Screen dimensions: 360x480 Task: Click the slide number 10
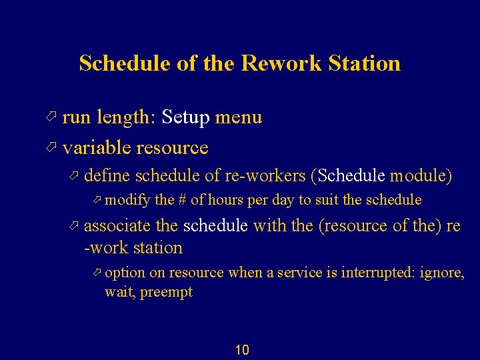[242, 350]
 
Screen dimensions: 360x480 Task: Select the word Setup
[185, 118]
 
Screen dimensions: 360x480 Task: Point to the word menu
[238, 118]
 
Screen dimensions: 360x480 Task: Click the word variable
[97, 147]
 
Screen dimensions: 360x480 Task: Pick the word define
[107, 176]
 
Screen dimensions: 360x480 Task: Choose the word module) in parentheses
[421, 176]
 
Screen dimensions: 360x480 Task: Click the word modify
[128, 200]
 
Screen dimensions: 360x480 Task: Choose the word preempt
[167, 292]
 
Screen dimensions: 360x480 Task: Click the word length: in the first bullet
[125, 118]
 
